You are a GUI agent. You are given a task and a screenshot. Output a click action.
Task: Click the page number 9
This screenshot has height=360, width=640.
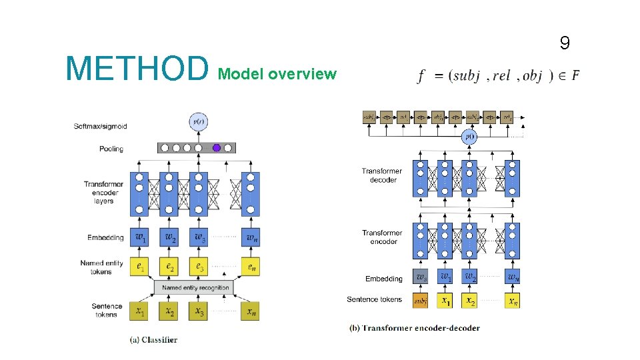(x=565, y=44)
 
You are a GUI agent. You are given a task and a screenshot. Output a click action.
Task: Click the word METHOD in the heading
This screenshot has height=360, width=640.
(x=137, y=68)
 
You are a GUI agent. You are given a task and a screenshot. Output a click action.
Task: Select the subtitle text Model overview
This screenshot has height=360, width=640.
(x=277, y=74)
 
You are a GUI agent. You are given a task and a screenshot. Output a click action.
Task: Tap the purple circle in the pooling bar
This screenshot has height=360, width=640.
(x=216, y=148)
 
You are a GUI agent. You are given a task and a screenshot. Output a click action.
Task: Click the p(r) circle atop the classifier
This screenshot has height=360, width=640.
(x=198, y=122)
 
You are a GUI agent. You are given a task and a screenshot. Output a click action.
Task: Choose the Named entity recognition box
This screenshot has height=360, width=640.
(x=195, y=287)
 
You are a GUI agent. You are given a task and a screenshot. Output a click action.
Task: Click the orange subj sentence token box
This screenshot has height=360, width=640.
(x=421, y=301)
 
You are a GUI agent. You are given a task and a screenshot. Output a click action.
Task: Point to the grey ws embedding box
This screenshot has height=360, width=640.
(x=421, y=276)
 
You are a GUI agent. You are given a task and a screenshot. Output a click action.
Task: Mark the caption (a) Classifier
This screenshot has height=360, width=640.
(x=153, y=339)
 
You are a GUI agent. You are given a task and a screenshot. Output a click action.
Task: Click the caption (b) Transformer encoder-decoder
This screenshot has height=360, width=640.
(x=415, y=327)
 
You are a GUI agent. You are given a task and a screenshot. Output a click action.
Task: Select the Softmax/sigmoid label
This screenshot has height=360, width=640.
(x=101, y=126)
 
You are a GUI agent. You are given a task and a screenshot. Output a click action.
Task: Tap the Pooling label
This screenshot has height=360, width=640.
(x=111, y=149)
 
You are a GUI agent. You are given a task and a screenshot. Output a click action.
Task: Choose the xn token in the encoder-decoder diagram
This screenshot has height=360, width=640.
(x=512, y=301)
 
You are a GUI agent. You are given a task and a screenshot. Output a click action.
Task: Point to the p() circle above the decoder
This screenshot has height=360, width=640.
(x=469, y=137)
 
